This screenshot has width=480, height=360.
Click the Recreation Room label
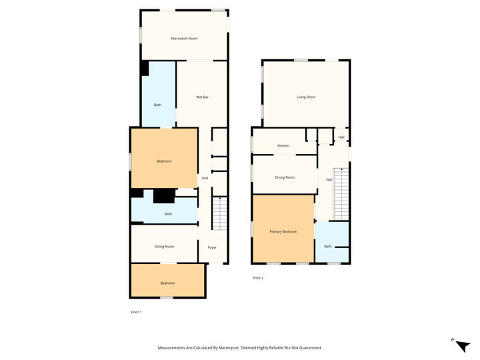[184, 39]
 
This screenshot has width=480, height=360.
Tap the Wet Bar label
[202, 97]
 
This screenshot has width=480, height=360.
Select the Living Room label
[306, 97]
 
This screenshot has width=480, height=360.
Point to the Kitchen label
[283, 146]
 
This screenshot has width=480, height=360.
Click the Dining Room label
[285, 177]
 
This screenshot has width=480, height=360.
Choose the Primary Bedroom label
[283, 232]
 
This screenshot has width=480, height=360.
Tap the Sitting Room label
[164, 247]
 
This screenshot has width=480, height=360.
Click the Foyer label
[212, 247]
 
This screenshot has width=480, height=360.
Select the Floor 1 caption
[136, 312]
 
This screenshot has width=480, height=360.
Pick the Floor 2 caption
[258, 277]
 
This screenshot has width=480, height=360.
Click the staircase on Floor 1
[219, 213]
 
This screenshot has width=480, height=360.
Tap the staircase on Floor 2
[341, 194]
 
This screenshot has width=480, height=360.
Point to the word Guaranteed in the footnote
[311, 348]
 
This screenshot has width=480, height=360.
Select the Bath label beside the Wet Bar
[157, 105]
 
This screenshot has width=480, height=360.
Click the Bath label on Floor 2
[328, 246]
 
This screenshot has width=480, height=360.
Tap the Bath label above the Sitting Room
[168, 214]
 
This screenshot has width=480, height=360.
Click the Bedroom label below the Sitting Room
[168, 283]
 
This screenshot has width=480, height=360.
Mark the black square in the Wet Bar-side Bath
[145, 68]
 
